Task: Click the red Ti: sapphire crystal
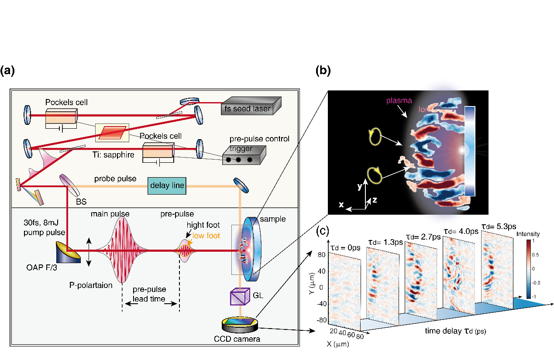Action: pyautogui.click(x=112, y=132)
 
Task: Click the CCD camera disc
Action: pyautogui.click(x=239, y=324)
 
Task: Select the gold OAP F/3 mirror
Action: pyautogui.click(x=68, y=252)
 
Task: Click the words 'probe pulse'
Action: pyautogui.click(x=115, y=179)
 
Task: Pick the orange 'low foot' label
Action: pyautogui.click(x=206, y=235)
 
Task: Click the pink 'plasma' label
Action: pyautogui.click(x=399, y=100)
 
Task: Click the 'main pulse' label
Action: pyautogui.click(x=110, y=214)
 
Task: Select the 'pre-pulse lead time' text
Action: pyautogui.click(x=150, y=294)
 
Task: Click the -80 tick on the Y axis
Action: pyautogui.click(x=321, y=320)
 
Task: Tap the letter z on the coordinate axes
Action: pyautogui.click(x=374, y=200)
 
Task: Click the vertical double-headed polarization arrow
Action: pyautogui.click(x=89, y=252)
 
